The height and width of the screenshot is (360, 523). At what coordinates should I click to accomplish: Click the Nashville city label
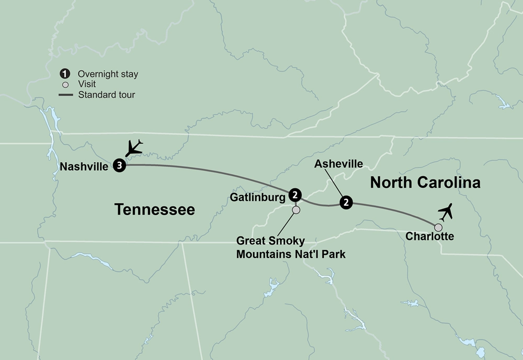click(85, 167)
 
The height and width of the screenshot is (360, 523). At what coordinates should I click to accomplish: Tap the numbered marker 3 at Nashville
click(120, 166)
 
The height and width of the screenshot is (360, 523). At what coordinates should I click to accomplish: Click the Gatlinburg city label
click(257, 197)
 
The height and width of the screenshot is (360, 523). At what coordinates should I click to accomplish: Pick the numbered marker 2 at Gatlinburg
click(295, 195)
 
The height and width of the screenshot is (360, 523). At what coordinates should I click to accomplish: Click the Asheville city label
click(338, 164)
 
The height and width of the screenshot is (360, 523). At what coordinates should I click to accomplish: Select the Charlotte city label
click(429, 237)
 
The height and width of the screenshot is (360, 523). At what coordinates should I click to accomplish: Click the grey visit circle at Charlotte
click(438, 228)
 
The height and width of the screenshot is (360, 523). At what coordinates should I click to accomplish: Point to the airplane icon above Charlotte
click(446, 212)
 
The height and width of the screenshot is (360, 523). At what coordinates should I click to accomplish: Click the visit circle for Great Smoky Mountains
click(296, 210)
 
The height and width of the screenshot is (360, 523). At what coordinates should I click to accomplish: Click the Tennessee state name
click(154, 210)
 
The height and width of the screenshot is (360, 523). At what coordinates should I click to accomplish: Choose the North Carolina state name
click(425, 183)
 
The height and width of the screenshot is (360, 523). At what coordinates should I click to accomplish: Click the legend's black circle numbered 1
click(65, 74)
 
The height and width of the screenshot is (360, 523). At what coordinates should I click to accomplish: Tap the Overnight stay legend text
click(108, 74)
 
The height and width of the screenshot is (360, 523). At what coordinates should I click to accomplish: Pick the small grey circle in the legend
click(65, 85)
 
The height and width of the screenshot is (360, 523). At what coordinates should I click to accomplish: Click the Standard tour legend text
click(106, 95)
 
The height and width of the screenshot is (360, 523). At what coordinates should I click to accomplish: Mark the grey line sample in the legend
click(65, 95)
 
